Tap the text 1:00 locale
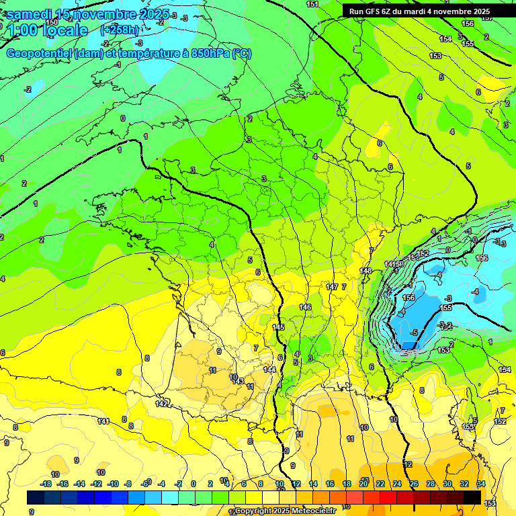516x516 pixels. (47, 30)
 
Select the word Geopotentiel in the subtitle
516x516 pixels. (39, 54)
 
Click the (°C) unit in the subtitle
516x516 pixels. (242, 54)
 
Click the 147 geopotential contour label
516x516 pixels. (331, 287)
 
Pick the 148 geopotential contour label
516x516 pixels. (365, 271)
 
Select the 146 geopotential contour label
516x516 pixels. (305, 307)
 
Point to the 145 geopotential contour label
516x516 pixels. (278, 327)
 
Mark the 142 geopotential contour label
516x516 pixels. (161, 404)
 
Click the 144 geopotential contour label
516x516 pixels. (269, 370)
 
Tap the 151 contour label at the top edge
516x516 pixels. (312, 4)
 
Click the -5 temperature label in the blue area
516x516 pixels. (415, 333)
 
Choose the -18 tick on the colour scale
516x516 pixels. (46, 484)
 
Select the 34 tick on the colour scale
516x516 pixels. (480, 484)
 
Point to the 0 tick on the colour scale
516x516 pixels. (193, 484)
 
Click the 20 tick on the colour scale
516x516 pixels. (363, 484)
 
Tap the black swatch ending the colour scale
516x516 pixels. (472, 497)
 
